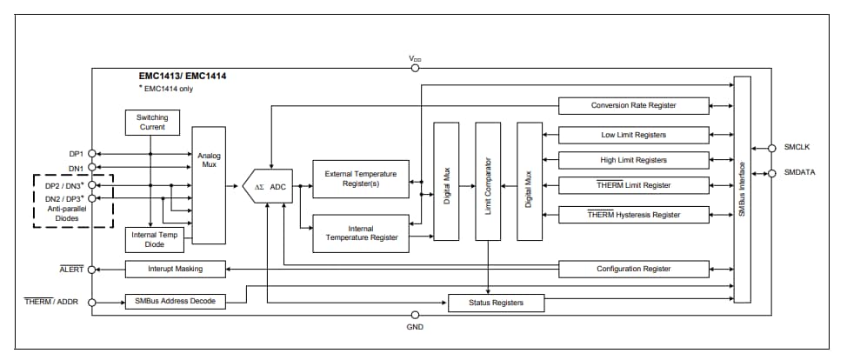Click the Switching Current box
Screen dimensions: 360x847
tap(152, 122)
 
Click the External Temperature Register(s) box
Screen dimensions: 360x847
tap(361, 179)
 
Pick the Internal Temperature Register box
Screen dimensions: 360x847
tap(361, 232)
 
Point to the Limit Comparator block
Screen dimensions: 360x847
tap(488, 181)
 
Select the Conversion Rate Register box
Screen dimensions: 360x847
tap(633, 106)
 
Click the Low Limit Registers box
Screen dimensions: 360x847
tap(633, 135)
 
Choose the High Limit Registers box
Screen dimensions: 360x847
tap(633, 160)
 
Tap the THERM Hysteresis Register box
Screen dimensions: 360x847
tap(633, 215)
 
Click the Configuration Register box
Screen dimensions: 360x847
tap(633, 269)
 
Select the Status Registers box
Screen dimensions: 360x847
tap(497, 303)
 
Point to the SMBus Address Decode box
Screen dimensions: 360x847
tap(176, 302)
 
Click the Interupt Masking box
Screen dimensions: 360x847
tap(176, 269)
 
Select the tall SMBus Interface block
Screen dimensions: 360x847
tap(741, 190)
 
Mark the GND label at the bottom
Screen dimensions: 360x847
tap(415, 327)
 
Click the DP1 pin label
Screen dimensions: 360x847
tap(76, 153)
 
